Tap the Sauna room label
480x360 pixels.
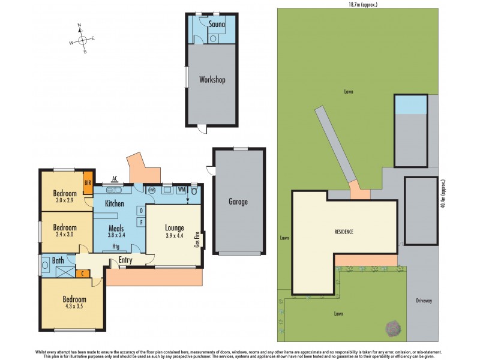(216, 25)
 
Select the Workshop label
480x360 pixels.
(212, 79)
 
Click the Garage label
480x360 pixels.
(237, 202)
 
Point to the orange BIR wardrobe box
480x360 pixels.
(88, 183)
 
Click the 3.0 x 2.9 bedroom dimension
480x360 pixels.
(65, 201)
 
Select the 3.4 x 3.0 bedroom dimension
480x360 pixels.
(65, 235)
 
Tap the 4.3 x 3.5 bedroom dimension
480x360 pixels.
(74, 307)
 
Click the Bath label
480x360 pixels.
(58, 260)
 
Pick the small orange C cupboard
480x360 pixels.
(82, 274)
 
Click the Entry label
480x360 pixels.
(125, 260)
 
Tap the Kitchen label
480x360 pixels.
(114, 204)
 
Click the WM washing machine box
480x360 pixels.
(181, 190)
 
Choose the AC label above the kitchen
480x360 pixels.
(114, 178)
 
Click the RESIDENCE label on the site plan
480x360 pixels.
(344, 232)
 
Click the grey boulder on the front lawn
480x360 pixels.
(393, 328)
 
